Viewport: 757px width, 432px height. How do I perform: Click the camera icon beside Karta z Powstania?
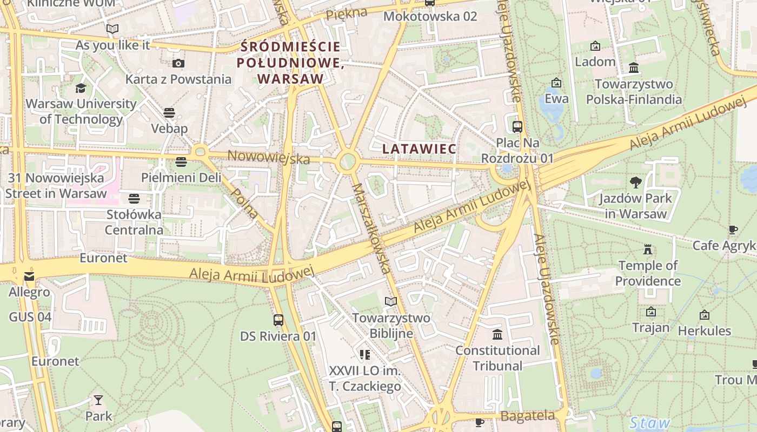(x=178, y=63)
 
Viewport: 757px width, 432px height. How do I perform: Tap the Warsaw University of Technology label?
(x=81, y=111)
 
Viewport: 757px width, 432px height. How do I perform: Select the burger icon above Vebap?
(x=169, y=112)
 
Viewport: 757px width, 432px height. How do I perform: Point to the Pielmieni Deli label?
(x=181, y=177)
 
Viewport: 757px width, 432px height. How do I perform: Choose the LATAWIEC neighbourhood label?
(x=419, y=148)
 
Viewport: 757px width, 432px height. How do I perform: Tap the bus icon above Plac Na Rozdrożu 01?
(x=517, y=127)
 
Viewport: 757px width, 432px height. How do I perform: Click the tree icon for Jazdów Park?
(x=636, y=183)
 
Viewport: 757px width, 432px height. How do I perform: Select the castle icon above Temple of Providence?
(x=648, y=249)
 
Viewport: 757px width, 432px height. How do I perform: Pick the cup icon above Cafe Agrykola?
(x=733, y=230)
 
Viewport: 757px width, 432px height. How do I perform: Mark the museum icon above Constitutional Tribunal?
(x=497, y=334)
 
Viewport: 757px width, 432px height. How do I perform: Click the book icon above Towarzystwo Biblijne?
(x=391, y=301)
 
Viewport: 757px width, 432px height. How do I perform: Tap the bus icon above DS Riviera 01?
(x=278, y=320)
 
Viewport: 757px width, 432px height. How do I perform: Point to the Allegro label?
(x=29, y=293)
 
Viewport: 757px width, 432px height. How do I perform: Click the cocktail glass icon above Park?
(x=98, y=400)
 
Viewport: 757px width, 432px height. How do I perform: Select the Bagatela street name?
(x=528, y=416)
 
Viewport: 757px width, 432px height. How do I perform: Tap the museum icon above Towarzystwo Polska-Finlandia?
(x=634, y=68)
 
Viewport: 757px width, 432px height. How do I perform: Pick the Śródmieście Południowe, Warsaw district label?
(x=291, y=63)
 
